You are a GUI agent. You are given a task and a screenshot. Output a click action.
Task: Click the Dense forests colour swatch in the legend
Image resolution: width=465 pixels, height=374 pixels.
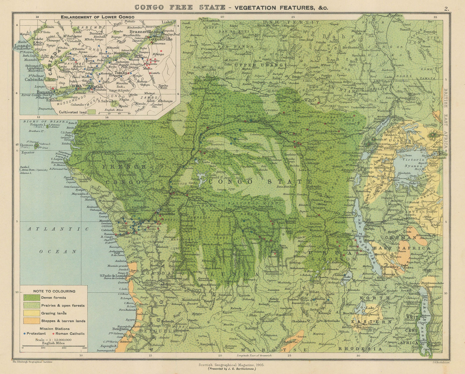point(31,298)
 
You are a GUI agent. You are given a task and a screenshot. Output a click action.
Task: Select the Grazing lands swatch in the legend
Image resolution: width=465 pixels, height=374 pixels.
point(31,313)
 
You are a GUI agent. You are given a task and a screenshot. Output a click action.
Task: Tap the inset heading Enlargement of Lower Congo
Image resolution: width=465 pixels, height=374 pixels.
point(97,17)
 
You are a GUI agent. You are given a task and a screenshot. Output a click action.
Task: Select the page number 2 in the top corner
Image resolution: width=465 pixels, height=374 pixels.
point(446,8)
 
